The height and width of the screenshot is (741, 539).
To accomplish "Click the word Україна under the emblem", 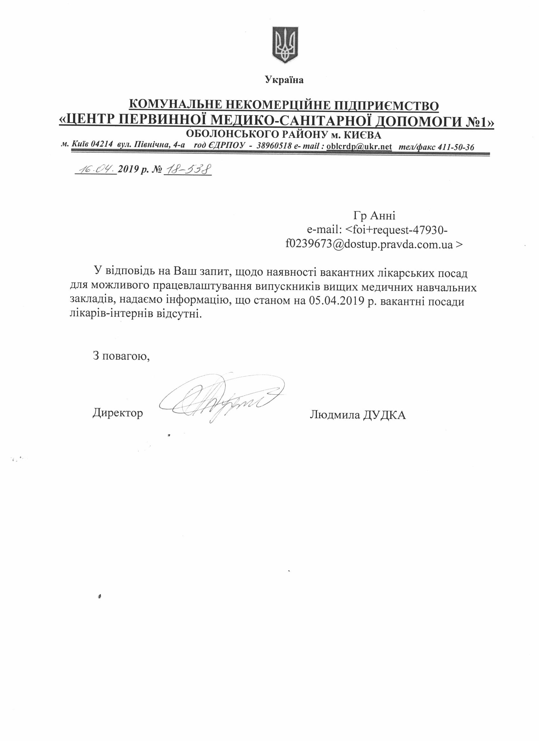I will tap(284, 80).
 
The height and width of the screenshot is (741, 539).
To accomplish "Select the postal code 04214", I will tap(102, 146).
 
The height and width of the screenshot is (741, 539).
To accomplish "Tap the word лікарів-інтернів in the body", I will tap(114, 314).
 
